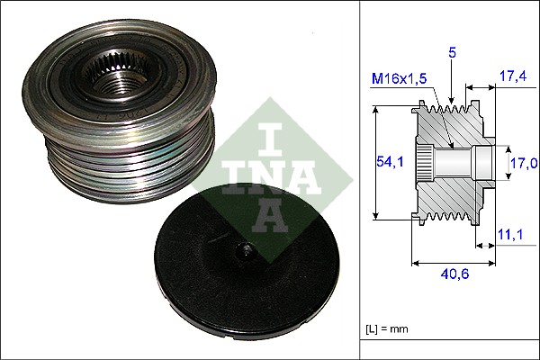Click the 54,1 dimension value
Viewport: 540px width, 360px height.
(389, 161)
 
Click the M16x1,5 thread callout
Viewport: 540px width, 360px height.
(400, 81)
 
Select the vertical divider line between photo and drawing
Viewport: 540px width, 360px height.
(359, 180)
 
